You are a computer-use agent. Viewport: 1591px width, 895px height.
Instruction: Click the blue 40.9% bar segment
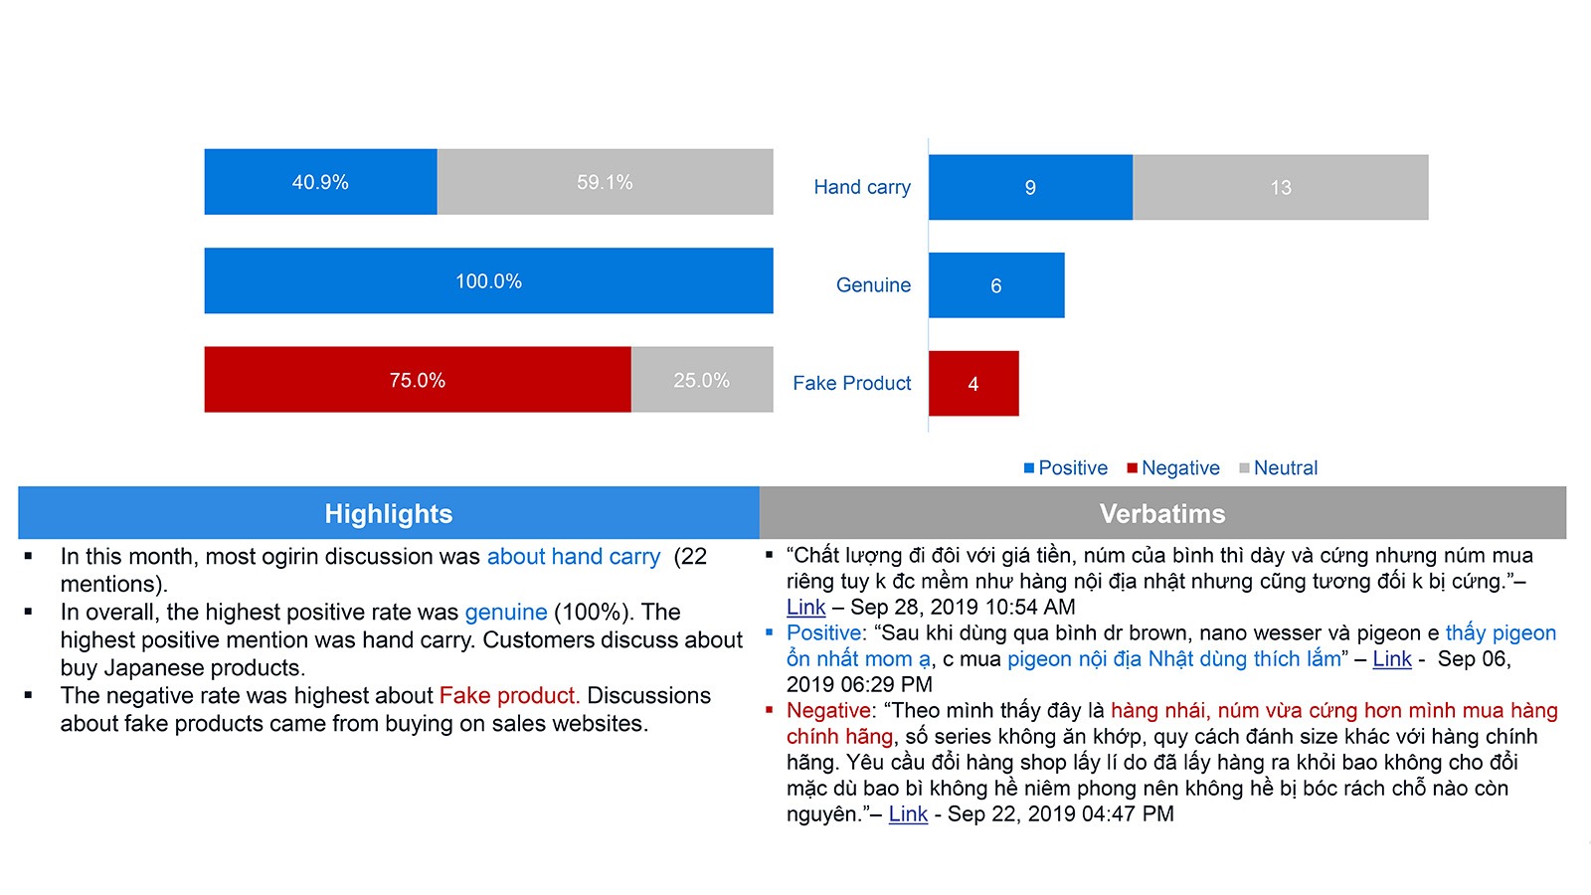point(320,182)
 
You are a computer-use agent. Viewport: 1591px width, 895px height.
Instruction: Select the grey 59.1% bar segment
point(605,182)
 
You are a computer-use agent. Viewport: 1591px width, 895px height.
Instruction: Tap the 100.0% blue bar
point(488,280)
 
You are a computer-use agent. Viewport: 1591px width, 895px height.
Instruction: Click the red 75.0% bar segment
point(418,380)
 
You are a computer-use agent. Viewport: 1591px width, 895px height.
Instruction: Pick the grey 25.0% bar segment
point(702,380)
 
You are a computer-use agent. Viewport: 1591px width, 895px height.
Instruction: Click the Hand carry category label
point(861,187)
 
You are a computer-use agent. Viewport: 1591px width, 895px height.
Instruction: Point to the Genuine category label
point(873,285)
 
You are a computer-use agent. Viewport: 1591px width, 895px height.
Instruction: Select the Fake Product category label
point(851,383)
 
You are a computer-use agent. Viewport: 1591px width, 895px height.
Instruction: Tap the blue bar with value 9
point(1030,187)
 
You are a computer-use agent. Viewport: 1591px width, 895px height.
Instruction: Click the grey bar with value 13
point(1280,187)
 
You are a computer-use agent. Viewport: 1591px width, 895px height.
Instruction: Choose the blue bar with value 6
point(995,285)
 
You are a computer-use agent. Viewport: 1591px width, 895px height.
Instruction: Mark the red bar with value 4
point(972,384)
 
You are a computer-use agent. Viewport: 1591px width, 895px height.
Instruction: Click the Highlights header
point(388,513)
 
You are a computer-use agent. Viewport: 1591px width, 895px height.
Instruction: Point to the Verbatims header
point(1161,513)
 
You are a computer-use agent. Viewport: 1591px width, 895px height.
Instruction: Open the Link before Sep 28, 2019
point(805,608)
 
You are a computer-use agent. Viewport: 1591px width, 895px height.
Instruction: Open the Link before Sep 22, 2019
point(908,814)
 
